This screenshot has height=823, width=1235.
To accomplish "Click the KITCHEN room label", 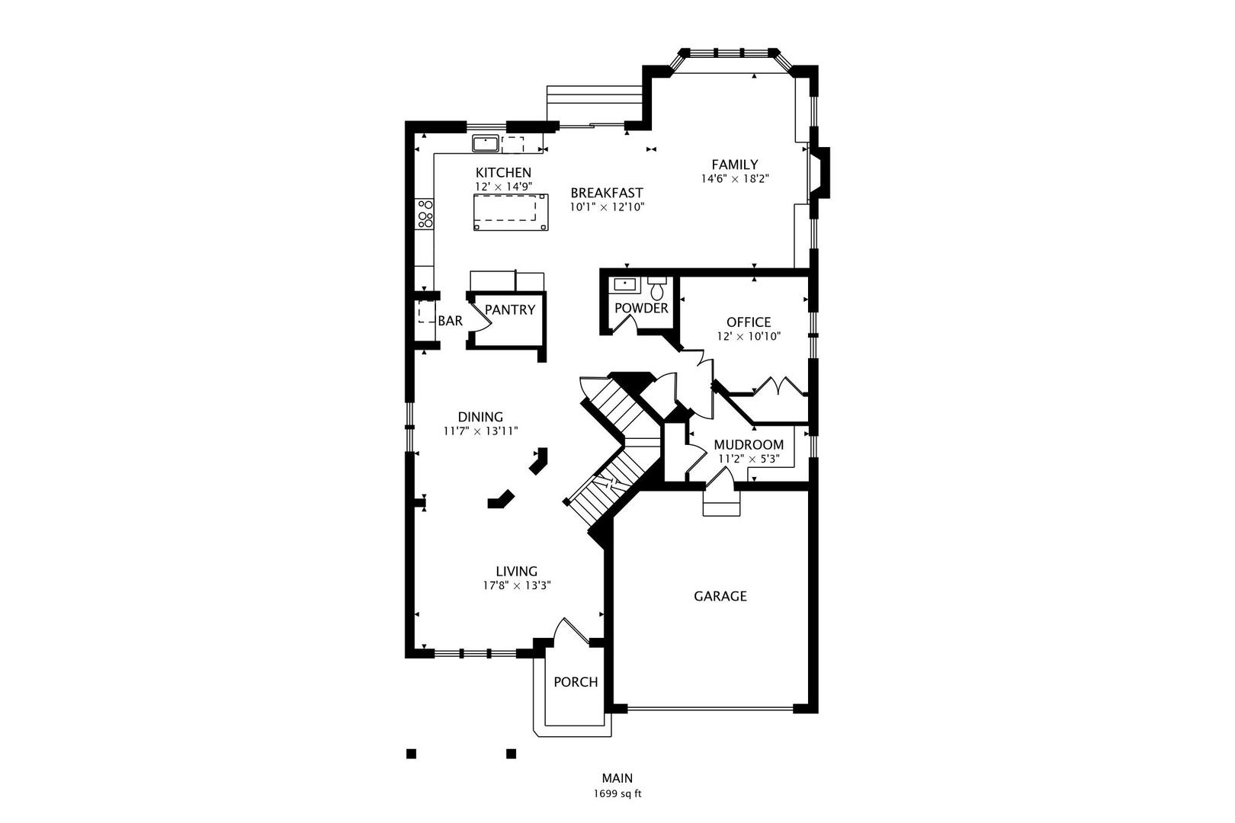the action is click(x=503, y=172).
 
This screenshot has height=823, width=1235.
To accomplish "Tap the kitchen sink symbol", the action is click(x=485, y=143).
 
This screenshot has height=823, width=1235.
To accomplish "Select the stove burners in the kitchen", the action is click(x=425, y=214).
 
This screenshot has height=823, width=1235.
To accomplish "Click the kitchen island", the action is click(x=511, y=212).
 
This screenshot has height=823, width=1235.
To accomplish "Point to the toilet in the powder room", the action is click(x=656, y=288).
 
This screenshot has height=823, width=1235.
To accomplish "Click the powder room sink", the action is click(x=624, y=285).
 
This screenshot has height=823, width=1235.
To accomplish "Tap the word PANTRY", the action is click(x=510, y=310).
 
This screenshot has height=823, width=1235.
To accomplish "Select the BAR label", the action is click(x=451, y=321).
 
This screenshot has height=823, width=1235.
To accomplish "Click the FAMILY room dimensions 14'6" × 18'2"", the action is click(x=735, y=178).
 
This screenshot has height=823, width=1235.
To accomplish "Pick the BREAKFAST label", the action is click(x=607, y=193).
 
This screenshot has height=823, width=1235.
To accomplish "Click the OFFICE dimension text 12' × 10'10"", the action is click(x=749, y=336).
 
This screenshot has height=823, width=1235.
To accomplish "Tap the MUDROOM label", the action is click(x=749, y=445).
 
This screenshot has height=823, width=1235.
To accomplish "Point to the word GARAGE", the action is click(x=720, y=596).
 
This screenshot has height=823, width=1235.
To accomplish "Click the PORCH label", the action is click(x=576, y=682).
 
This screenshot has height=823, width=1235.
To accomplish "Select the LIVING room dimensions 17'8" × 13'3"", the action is click(x=517, y=585).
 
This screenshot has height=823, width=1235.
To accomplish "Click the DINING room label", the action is click(x=480, y=417).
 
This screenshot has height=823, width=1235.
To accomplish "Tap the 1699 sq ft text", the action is click(x=617, y=794).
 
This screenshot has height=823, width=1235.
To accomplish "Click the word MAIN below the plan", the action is click(x=617, y=778).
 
